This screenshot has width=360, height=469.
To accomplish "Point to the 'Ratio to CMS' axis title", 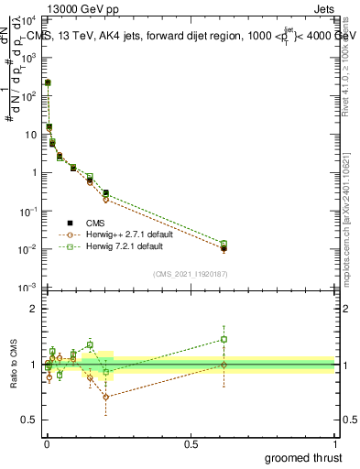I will pos(13,365).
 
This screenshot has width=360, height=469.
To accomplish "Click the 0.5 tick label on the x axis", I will pos(191,444).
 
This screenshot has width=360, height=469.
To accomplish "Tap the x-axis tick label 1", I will pos(335,444).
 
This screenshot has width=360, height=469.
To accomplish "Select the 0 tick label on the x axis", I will pos(47,444).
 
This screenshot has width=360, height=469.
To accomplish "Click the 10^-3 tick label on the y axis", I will pos(28,289).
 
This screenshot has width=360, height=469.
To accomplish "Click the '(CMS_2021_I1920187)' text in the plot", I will pos(190,274).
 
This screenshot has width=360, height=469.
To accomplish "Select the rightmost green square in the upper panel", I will pos(224,244).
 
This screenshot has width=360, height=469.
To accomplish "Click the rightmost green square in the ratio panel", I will pos(224,339).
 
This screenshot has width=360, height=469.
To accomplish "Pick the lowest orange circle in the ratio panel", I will pos(106,397).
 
